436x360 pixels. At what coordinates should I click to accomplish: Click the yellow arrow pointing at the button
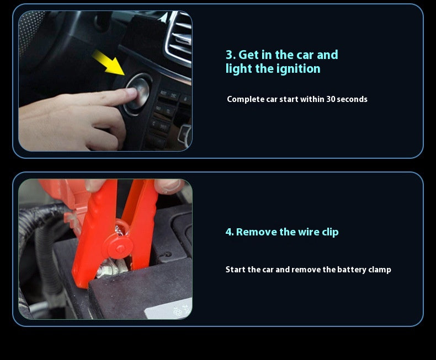108,63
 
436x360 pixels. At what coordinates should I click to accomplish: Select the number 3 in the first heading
230,55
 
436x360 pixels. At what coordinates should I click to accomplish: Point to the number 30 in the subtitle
331,99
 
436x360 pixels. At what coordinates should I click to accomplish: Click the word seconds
352,99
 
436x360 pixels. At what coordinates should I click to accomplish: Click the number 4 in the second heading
229,232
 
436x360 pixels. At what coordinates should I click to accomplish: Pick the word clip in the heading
331,232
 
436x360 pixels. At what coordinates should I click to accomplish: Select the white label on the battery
169,309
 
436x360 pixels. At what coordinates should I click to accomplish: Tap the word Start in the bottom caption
236,270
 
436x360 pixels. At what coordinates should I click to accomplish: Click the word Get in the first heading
249,55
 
